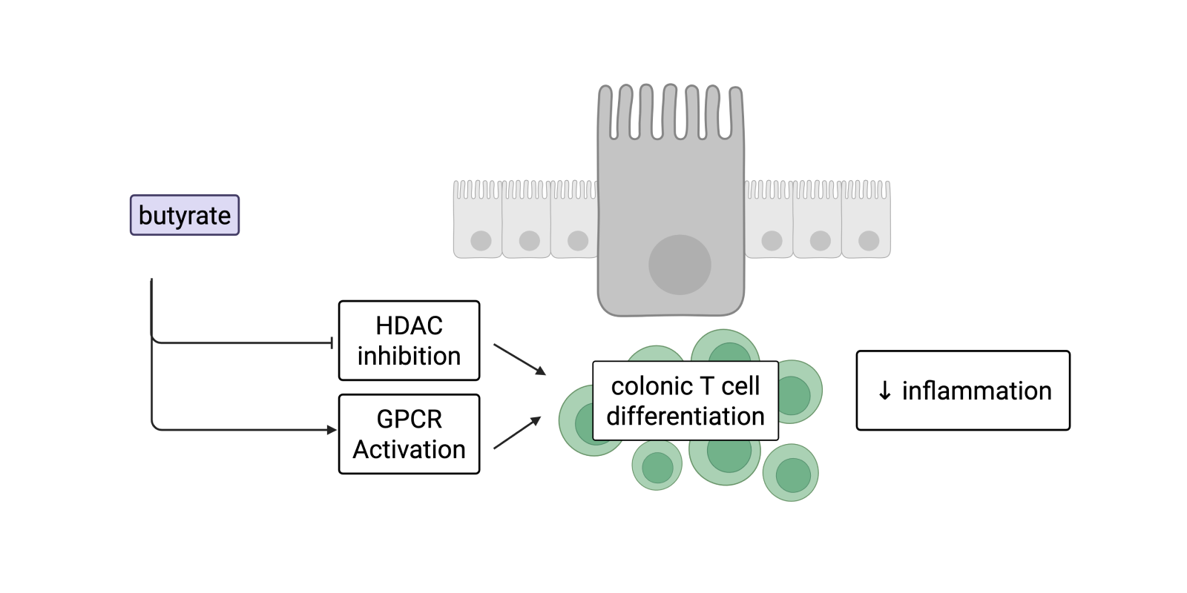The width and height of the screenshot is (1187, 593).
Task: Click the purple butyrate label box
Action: tap(185, 215)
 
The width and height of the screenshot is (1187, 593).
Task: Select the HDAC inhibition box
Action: tap(409, 340)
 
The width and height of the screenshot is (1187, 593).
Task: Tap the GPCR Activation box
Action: tap(409, 434)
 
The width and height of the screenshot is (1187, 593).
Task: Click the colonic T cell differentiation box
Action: tap(685, 401)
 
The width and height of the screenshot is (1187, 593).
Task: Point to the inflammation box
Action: tap(963, 391)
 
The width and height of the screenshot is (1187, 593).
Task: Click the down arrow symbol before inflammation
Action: tap(884, 391)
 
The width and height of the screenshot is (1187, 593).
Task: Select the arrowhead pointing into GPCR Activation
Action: tap(332, 430)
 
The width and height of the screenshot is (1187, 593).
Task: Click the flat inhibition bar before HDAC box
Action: tap(332, 342)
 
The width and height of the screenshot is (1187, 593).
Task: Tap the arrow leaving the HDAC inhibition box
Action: tap(519, 360)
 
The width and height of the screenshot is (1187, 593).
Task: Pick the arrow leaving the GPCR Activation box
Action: tap(518, 433)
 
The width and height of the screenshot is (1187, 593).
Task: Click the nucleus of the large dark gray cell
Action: tap(680, 265)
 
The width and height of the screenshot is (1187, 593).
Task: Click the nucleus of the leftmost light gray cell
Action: tap(481, 240)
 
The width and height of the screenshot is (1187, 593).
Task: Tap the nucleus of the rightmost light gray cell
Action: tap(869, 240)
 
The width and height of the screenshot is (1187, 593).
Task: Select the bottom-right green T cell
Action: tap(792, 474)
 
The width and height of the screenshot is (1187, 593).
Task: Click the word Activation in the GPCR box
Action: tap(409, 449)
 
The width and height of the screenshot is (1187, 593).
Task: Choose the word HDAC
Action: tap(409, 325)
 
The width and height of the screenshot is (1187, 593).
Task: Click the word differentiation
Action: tap(685, 417)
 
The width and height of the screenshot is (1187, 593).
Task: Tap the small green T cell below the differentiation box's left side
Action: tap(657, 466)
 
